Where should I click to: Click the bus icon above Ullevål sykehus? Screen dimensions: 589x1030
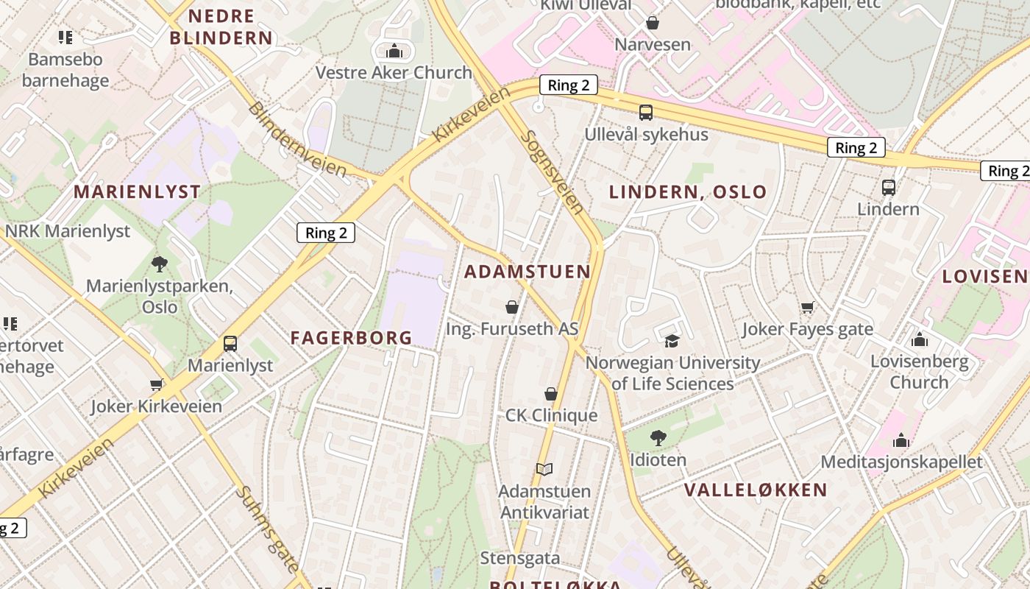(645, 113)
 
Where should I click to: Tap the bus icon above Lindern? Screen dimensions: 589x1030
(888, 188)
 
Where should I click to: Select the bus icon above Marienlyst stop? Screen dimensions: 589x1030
(230, 344)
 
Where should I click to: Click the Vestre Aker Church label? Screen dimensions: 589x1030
(394, 73)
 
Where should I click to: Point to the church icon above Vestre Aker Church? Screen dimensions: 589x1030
(394, 51)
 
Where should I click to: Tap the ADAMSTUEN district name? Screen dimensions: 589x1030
(528, 272)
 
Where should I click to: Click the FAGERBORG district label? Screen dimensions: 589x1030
(351, 338)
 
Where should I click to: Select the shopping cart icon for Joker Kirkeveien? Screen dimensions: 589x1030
(156, 384)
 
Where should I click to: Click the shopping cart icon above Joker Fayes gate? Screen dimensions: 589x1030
(807, 307)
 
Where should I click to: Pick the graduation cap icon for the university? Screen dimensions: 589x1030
(672, 341)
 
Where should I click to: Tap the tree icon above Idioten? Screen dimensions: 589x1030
(658, 438)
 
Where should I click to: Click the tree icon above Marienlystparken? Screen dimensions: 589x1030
(159, 264)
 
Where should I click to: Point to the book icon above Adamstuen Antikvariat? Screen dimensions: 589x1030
(544, 469)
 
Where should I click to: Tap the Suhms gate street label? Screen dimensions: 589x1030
(267, 529)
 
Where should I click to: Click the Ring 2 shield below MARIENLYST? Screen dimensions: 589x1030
(326, 233)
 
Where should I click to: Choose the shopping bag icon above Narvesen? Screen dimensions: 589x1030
(652, 23)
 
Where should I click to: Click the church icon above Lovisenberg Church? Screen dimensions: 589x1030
(919, 339)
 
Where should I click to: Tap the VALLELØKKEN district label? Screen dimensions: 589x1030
(756, 490)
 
